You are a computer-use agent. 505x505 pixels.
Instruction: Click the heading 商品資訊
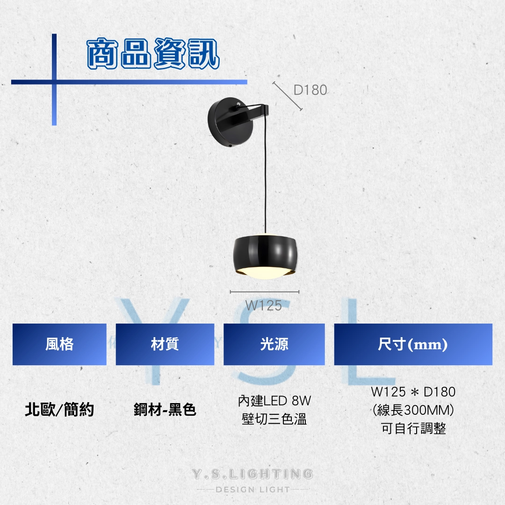click(153, 53)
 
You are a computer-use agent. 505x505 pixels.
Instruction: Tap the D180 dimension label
click(310, 90)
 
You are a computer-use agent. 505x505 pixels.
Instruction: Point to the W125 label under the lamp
click(263, 305)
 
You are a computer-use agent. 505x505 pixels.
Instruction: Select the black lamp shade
click(264, 254)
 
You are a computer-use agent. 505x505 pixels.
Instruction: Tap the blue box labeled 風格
click(59, 344)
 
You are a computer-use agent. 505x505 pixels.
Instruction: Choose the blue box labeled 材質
click(165, 344)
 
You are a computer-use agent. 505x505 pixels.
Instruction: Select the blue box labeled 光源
click(274, 344)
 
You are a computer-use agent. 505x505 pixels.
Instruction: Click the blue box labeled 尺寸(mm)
click(413, 344)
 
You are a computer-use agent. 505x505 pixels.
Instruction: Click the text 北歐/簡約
click(59, 410)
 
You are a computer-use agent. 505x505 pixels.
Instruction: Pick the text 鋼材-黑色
click(165, 410)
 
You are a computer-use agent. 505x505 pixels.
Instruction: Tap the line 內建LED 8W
click(274, 401)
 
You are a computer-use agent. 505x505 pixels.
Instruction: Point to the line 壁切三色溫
click(274, 419)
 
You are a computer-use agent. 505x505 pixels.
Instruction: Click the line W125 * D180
click(413, 392)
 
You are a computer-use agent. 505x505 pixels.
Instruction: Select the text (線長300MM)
click(413, 411)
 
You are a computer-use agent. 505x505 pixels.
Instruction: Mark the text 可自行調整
click(413, 429)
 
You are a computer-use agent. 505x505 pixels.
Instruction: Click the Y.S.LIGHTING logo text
click(252, 474)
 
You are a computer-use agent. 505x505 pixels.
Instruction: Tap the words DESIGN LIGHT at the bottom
click(253, 490)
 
